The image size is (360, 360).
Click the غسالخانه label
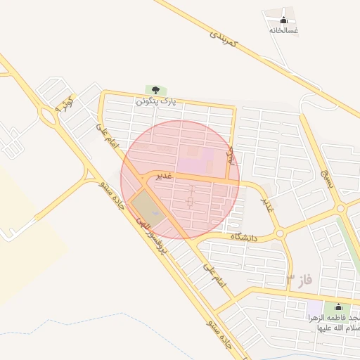pos(284,30)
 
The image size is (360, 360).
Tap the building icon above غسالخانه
pos(284,19)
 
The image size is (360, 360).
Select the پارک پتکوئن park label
pos(155,101)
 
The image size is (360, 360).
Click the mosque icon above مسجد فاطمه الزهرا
pos(338,307)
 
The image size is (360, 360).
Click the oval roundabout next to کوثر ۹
pos(49,113)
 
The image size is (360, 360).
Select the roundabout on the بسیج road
pos(341,208)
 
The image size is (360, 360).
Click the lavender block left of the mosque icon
pos(314,308)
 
